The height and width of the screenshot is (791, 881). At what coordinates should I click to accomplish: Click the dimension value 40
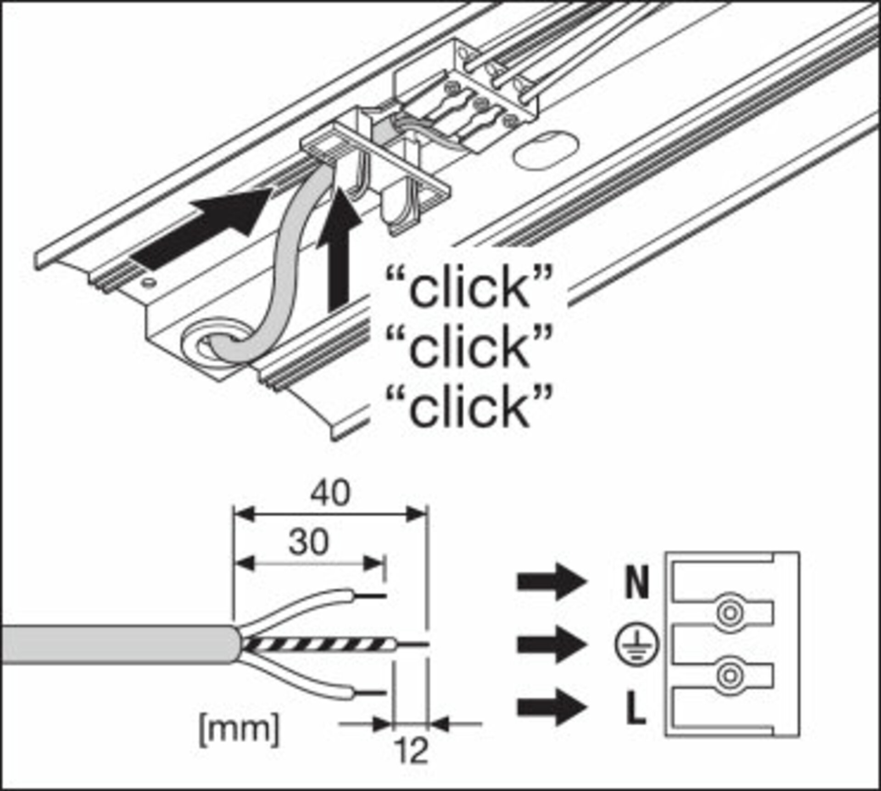[330, 493]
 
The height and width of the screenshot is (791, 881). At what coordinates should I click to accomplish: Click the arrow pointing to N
[552, 582]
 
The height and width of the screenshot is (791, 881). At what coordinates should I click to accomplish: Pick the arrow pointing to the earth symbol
[552, 645]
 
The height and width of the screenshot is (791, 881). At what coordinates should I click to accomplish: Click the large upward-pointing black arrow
[340, 248]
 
